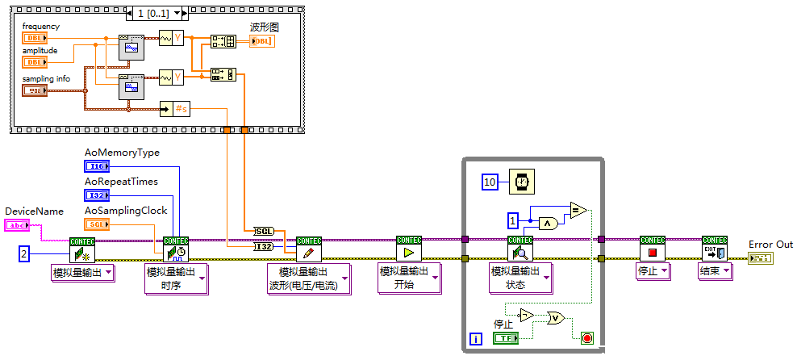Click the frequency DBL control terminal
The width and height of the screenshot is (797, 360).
pyautogui.click(x=35, y=38)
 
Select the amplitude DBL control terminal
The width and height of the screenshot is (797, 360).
pyautogui.click(x=35, y=61)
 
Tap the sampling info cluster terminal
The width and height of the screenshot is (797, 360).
pyautogui.click(x=35, y=90)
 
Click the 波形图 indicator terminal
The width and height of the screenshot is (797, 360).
pyautogui.click(x=261, y=41)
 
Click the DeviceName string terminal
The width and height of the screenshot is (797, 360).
pyautogui.click(x=19, y=225)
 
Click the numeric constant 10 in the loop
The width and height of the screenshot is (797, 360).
pyautogui.click(x=490, y=182)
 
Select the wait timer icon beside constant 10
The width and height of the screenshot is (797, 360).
pyautogui.click(x=520, y=182)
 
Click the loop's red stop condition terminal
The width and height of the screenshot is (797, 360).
pyautogui.click(x=586, y=337)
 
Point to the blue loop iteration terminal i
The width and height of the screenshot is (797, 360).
pyautogui.click(x=476, y=339)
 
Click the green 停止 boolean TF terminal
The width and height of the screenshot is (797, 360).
pyautogui.click(x=505, y=338)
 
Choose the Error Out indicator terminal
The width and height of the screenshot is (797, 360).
pyautogui.click(x=760, y=258)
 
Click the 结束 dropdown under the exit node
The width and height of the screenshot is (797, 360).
pyautogui.click(x=715, y=271)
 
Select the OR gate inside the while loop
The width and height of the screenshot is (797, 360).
pyautogui.click(x=557, y=318)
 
